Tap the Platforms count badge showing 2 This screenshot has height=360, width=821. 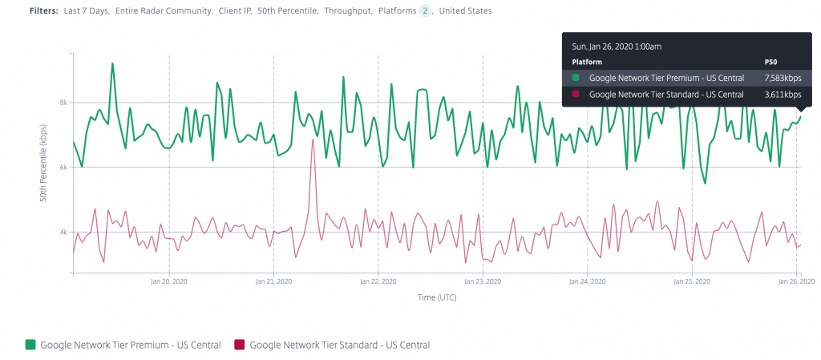tap(425, 11)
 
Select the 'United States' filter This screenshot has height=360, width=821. tap(466, 11)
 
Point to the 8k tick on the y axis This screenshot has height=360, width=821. tap(63, 103)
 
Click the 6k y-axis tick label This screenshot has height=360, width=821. tap(63, 168)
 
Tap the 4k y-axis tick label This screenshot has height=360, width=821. tap(63, 233)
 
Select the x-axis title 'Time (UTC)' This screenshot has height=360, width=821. tap(437, 297)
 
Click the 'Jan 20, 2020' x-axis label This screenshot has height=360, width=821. tap(169, 282)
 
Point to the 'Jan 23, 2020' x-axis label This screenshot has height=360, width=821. tap(483, 282)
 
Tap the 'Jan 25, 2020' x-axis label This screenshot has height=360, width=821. tap(692, 282)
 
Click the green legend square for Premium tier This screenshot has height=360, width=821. tap(30, 345)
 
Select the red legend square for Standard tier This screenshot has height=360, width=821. tap(239, 345)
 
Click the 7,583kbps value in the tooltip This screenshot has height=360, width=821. tap(783, 78)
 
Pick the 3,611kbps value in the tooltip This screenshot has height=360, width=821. tap(783, 95)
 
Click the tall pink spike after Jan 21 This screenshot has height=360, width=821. tap(313, 140)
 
